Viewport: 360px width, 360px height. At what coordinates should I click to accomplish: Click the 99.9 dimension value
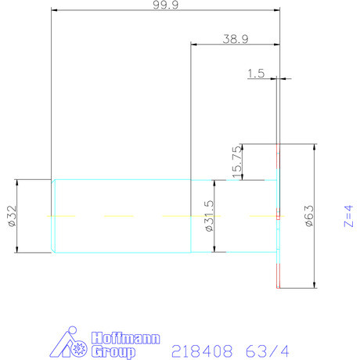164,5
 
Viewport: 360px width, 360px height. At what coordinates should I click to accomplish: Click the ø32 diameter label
11,216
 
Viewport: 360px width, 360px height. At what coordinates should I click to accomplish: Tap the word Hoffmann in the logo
126,338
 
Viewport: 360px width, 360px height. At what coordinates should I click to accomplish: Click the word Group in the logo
110,351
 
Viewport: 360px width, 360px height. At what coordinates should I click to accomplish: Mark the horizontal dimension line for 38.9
236,45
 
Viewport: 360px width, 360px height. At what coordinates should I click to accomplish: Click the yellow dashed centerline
117,215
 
